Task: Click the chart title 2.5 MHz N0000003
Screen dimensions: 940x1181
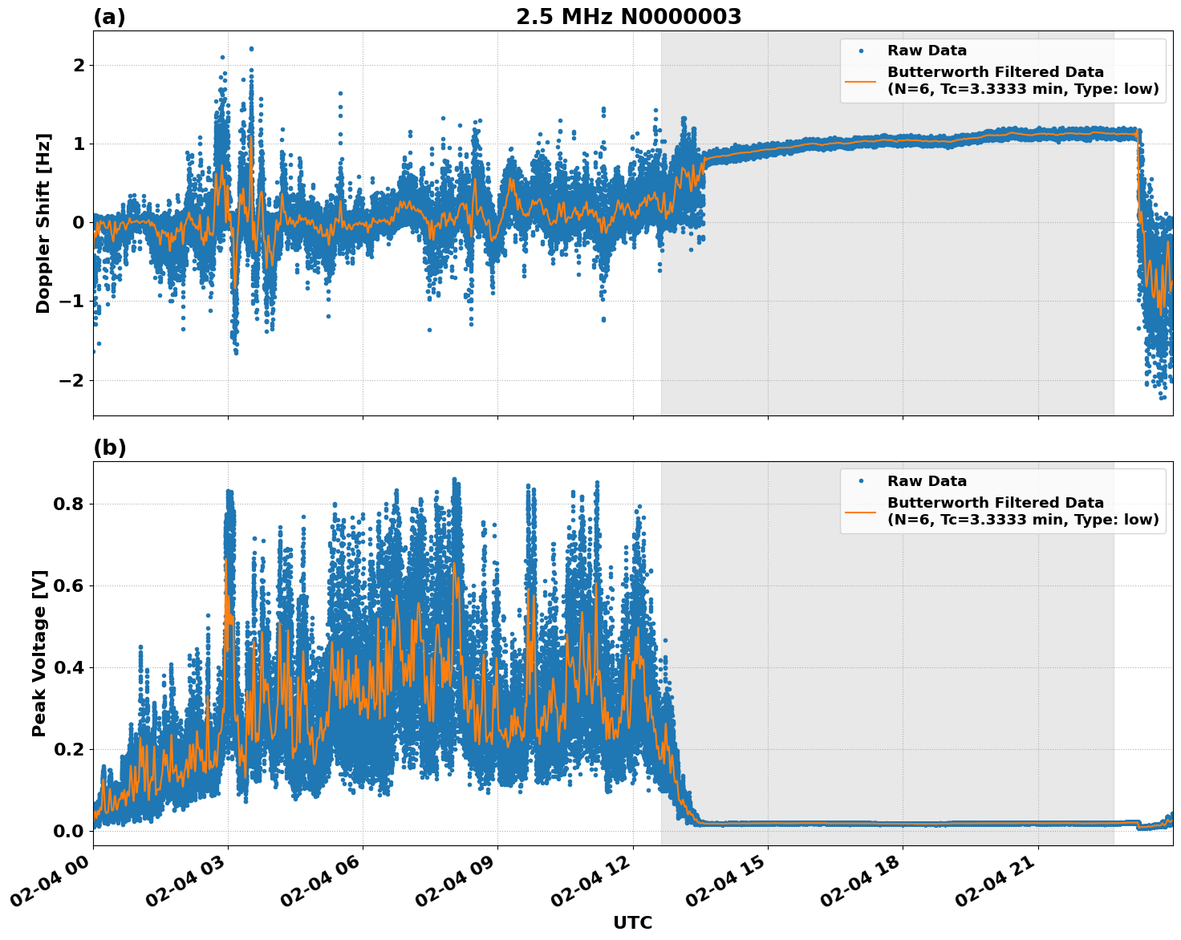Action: (x=628, y=17)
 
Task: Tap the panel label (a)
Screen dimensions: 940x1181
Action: (x=109, y=17)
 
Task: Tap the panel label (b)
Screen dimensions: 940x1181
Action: (x=109, y=448)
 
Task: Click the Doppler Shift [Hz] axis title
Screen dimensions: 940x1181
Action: (x=43, y=223)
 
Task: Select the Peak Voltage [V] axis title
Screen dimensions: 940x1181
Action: (x=39, y=653)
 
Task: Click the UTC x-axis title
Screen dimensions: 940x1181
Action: (x=632, y=922)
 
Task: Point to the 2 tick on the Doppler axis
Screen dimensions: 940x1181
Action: (x=79, y=65)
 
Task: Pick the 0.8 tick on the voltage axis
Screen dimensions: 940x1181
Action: (x=69, y=504)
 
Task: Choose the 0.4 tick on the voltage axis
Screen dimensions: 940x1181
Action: (x=69, y=668)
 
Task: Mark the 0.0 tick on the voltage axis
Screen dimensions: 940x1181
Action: (x=69, y=831)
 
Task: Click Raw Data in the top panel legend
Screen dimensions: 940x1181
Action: (x=927, y=51)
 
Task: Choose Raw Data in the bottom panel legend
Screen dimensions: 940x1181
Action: (x=927, y=481)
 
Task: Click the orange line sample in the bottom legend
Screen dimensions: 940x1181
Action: (x=861, y=511)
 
